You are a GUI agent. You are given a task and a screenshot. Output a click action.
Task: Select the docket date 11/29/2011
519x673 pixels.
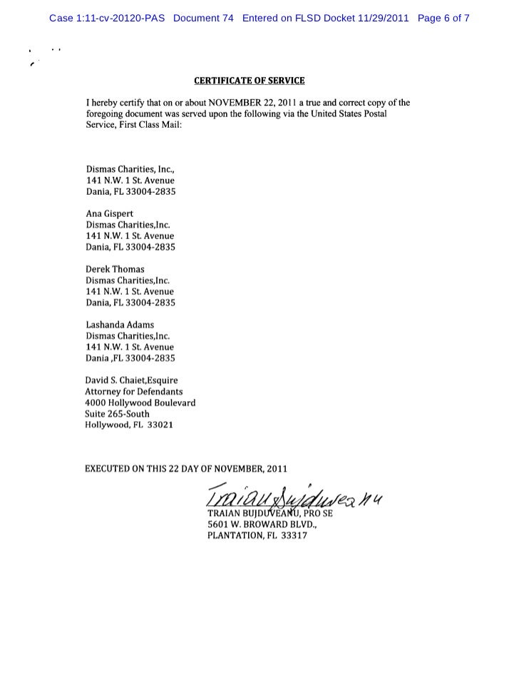click(381, 18)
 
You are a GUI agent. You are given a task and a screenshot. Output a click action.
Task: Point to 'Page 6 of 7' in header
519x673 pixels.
click(443, 18)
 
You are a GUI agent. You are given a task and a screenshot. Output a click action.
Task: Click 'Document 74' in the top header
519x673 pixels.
click(203, 18)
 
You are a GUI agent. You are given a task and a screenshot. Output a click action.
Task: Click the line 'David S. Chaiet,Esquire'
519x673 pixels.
click(131, 380)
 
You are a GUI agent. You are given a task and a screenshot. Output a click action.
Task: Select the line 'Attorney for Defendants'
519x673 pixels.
click(134, 392)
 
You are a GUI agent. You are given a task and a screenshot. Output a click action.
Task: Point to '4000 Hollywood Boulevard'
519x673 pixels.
click(140, 403)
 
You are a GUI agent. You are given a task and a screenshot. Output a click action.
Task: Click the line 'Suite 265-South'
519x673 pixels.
click(118, 414)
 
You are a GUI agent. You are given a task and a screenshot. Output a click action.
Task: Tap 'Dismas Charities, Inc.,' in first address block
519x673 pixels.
click(130, 170)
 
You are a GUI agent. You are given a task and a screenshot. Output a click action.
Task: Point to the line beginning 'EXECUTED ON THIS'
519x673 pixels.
click(186, 469)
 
